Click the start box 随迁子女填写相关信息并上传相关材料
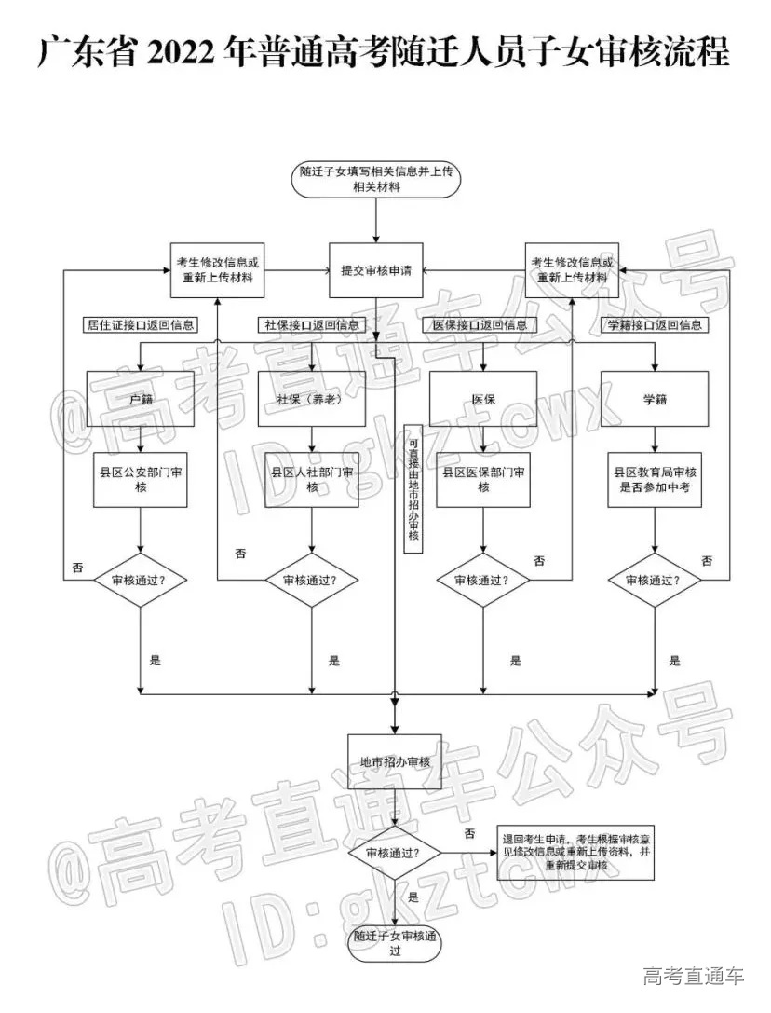pos(376,179)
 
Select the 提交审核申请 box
pos(376,270)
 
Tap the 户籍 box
pos(141,399)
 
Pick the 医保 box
pos(483,399)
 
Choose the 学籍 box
pos(655,399)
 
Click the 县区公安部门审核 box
pos(141,480)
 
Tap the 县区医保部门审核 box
pos(483,480)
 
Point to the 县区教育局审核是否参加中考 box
pos(655,480)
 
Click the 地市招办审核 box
pos(395,761)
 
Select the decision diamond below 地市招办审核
pos(395,853)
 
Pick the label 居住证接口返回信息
pos(141,325)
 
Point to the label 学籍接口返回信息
pos(655,325)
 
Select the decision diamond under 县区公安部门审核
pos(141,580)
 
